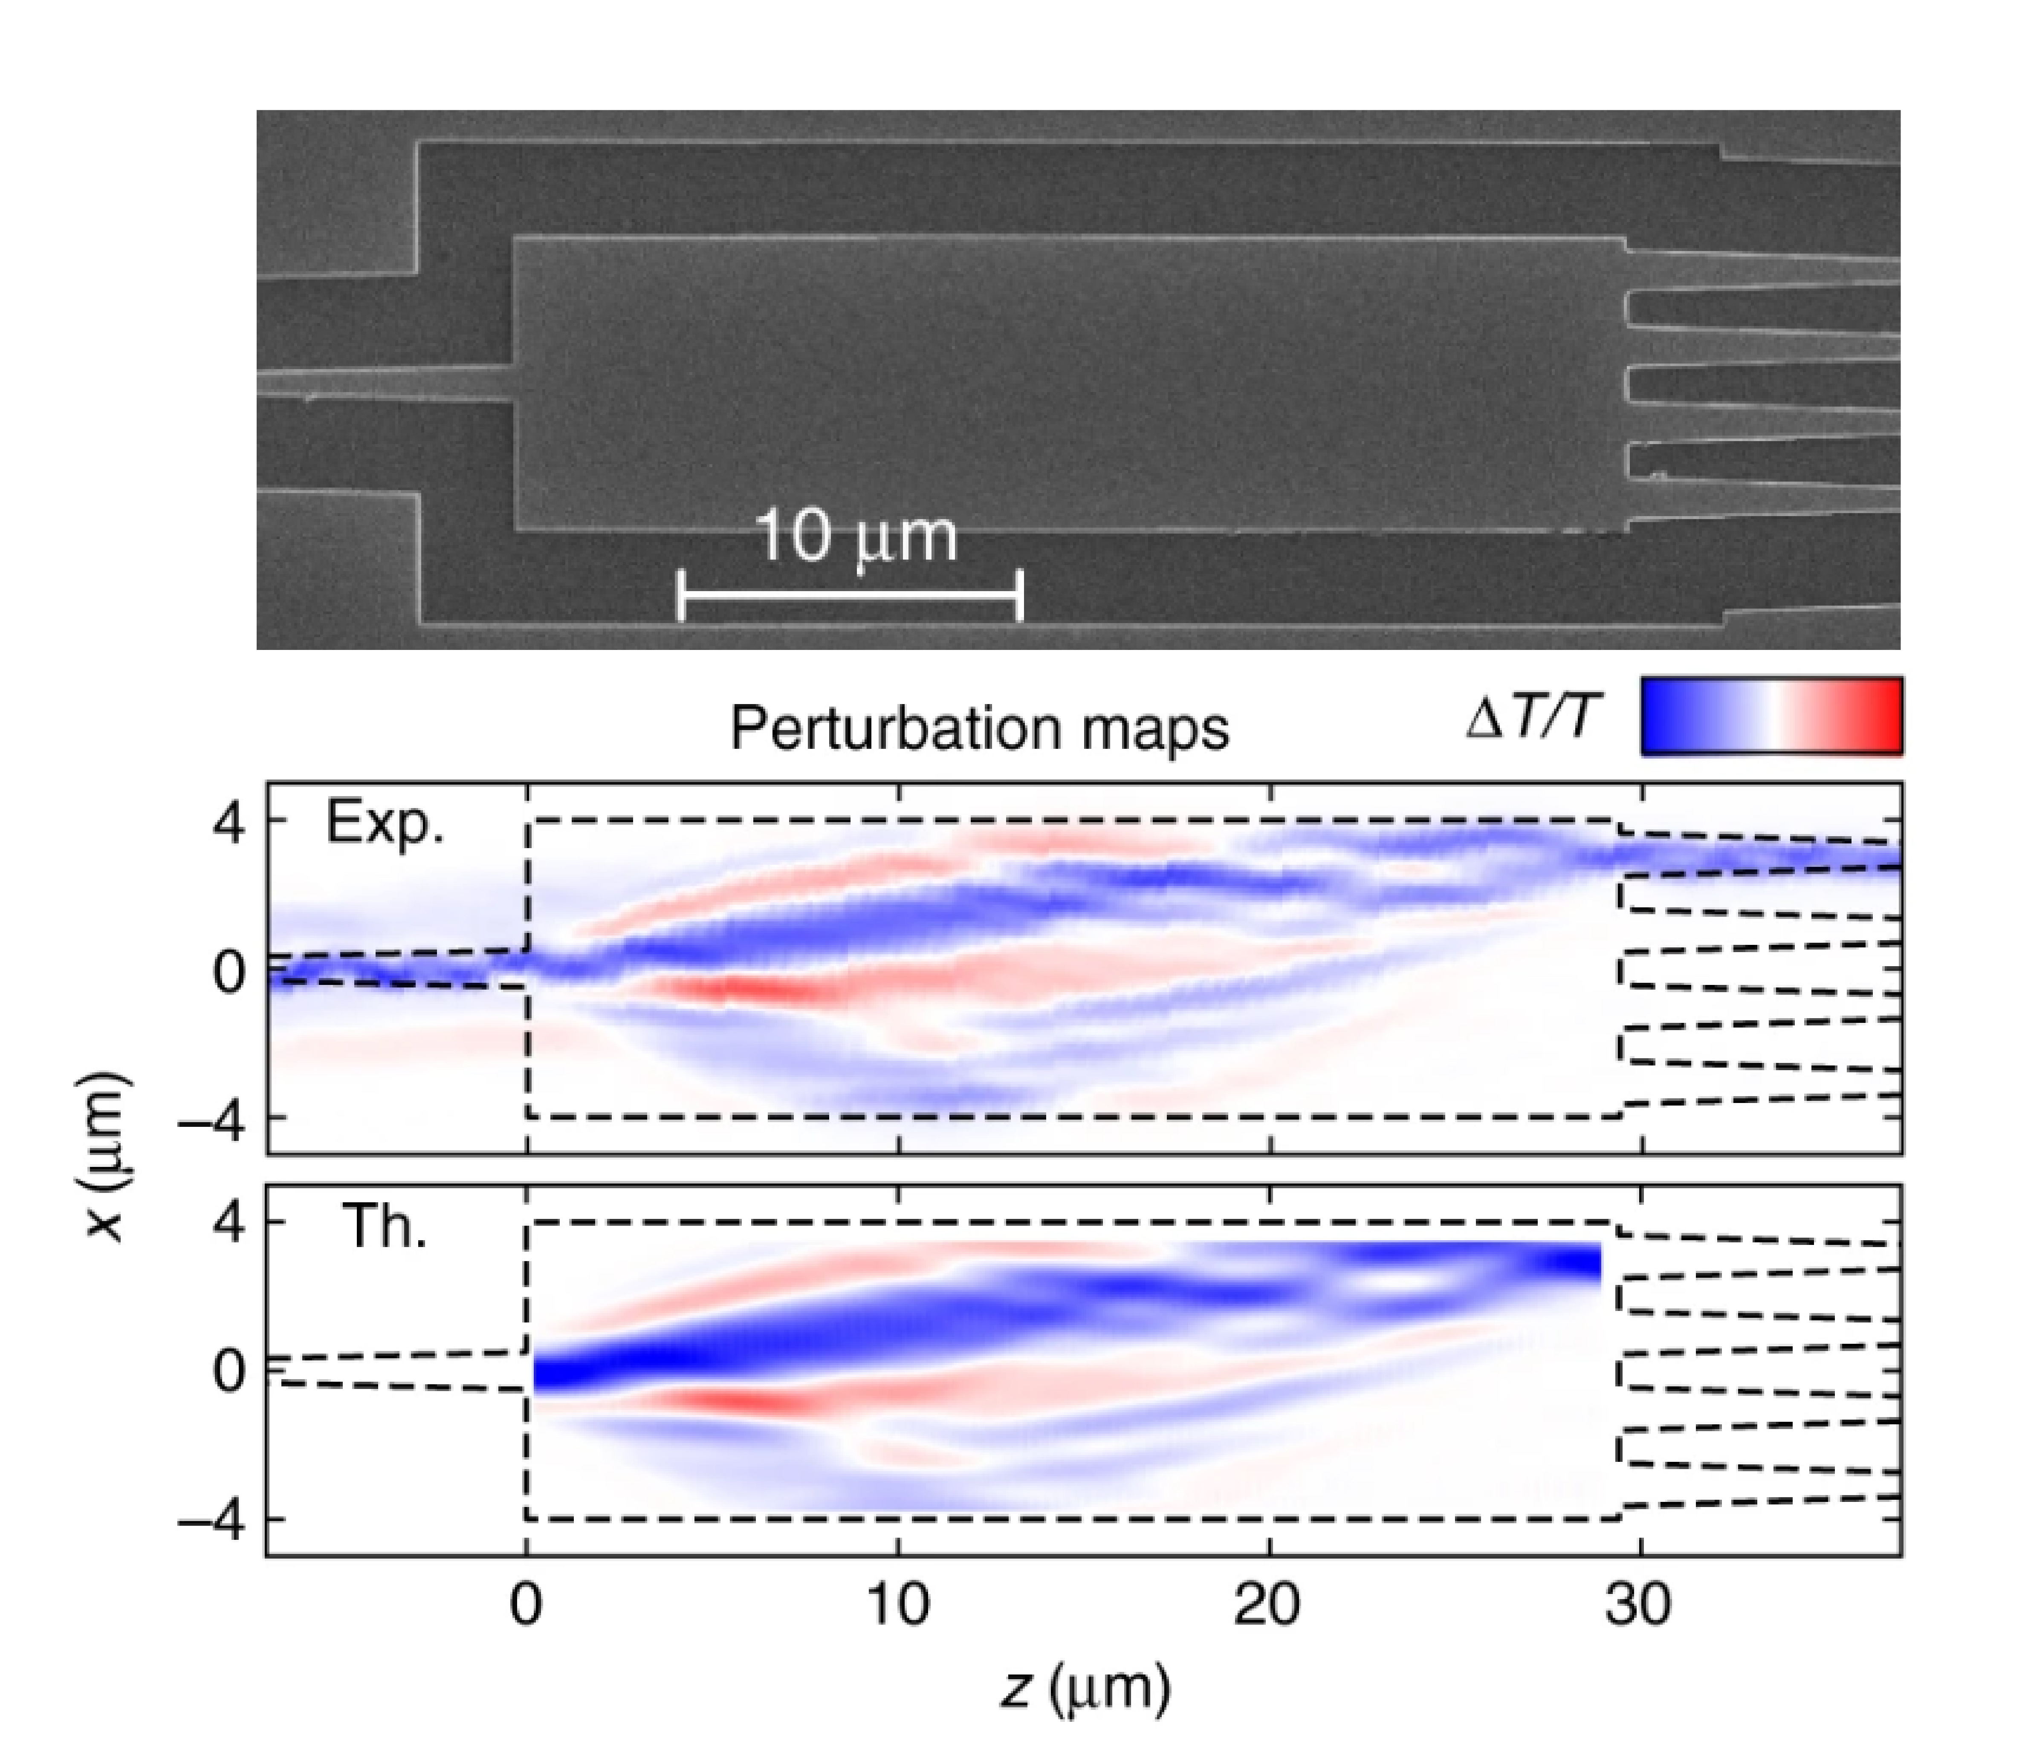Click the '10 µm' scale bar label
pos(857,537)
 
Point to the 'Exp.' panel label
pos(385,823)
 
